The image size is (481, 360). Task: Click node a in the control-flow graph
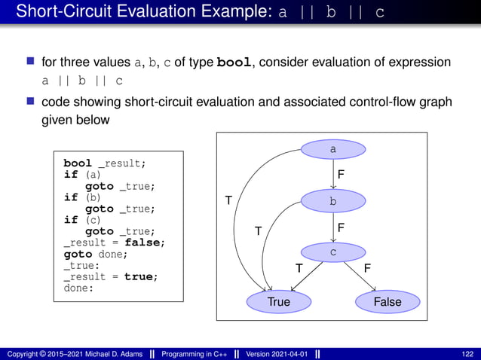coord(333,150)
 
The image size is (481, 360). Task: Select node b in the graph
coord(333,201)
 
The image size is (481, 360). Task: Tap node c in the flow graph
coord(333,252)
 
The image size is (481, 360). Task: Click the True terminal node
coord(278,301)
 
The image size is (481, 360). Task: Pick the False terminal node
coord(388,301)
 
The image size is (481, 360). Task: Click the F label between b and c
coord(341,226)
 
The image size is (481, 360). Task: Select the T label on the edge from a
coord(228,200)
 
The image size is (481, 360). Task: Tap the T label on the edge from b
coord(257,231)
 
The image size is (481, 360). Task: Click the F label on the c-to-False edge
coord(367,268)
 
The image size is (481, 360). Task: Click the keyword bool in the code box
coord(78,163)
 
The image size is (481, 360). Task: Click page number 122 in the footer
coord(467,354)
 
